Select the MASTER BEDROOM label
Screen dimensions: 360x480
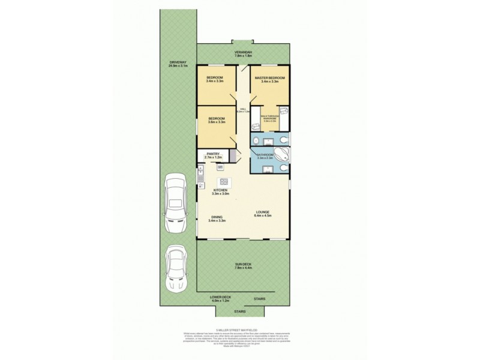click(x=269, y=78)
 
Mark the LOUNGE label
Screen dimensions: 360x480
click(x=262, y=211)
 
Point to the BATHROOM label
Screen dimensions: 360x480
click(x=266, y=155)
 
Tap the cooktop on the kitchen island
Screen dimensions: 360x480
click(x=223, y=181)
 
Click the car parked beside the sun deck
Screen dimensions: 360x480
click(x=176, y=268)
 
